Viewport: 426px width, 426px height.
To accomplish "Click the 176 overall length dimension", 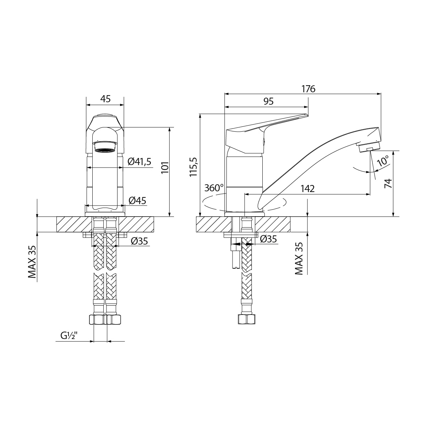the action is (x=308, y=89).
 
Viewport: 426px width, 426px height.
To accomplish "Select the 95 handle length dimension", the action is (x=269, y=102).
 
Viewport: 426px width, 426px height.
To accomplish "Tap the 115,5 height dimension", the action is (x=193, y=167).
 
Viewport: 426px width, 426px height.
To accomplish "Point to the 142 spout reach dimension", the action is (x=307, y=189).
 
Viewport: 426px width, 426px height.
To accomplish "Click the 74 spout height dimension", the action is (x=388, y=183).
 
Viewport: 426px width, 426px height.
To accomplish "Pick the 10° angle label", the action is (x=383, y=161).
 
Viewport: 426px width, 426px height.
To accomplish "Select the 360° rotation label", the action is (x=214, y=188).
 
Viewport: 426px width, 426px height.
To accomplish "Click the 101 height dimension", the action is (x=165, y=168).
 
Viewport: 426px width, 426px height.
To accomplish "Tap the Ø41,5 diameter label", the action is (x=140, y=162).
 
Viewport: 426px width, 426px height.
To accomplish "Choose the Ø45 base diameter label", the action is (x=137, y=201).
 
